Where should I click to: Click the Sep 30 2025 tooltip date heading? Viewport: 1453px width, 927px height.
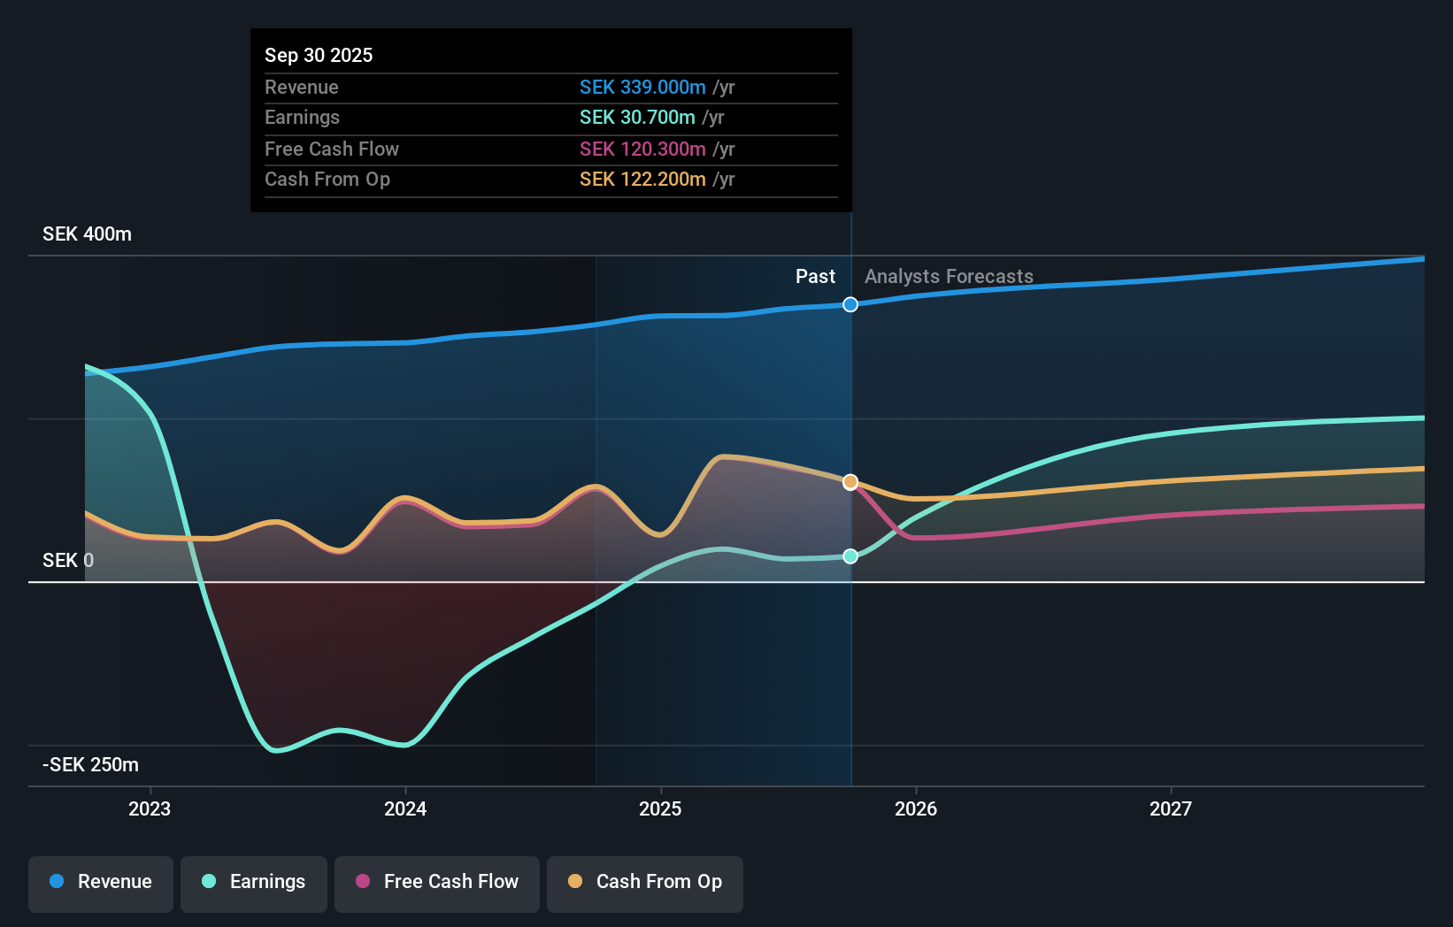pyautogui.click(x=319, y=55)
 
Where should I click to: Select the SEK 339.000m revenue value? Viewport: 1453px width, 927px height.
pyautogui.click(x=642, y=87)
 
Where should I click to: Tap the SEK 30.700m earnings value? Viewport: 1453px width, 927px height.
pyautogui.click(x=637, y=117)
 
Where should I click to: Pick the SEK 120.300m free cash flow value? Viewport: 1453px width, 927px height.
pyautogui.click(x=642, y=149)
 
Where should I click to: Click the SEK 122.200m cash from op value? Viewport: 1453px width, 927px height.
pyautogui.click(x=642, y=179)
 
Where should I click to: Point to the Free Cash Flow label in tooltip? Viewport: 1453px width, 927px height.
pyautogui.click(x=332, y=149)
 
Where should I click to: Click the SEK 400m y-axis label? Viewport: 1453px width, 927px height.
pyautogui.click(x=87, y=234)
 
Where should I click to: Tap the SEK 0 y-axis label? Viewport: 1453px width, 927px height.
pyautogui.click(x=67, y=560)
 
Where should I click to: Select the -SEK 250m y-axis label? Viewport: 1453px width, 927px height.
pyautogui.click(x=90, y=764)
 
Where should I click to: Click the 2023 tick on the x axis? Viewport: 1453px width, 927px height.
pyautogui.click(x=150, y=808)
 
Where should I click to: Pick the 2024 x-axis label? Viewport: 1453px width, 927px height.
pyautogui.click(x=405, y=808)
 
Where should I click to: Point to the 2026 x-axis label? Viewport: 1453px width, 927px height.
pyautogui.click(x=916, y=808)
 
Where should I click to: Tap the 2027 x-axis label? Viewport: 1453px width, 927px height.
pyautogui.click(x=1171, y=808)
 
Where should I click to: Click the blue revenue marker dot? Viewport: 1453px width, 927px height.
pyautogui.click(x=850, y=304)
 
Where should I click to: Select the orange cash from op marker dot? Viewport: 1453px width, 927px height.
pyautogui.click(x=850, y=482)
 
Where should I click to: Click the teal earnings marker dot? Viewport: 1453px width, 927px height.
pyautogui.click(x=850, y=556)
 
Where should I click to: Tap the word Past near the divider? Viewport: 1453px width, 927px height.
pyautogui.click(x=815, y=276)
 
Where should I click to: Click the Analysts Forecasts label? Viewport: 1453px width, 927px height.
pyautogui.click(x=949, y=276)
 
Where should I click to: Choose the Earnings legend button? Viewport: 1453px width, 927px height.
pyautogui.click(x=254, y=881)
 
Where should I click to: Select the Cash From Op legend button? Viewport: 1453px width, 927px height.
pyautogui.click(x=645, y=881)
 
